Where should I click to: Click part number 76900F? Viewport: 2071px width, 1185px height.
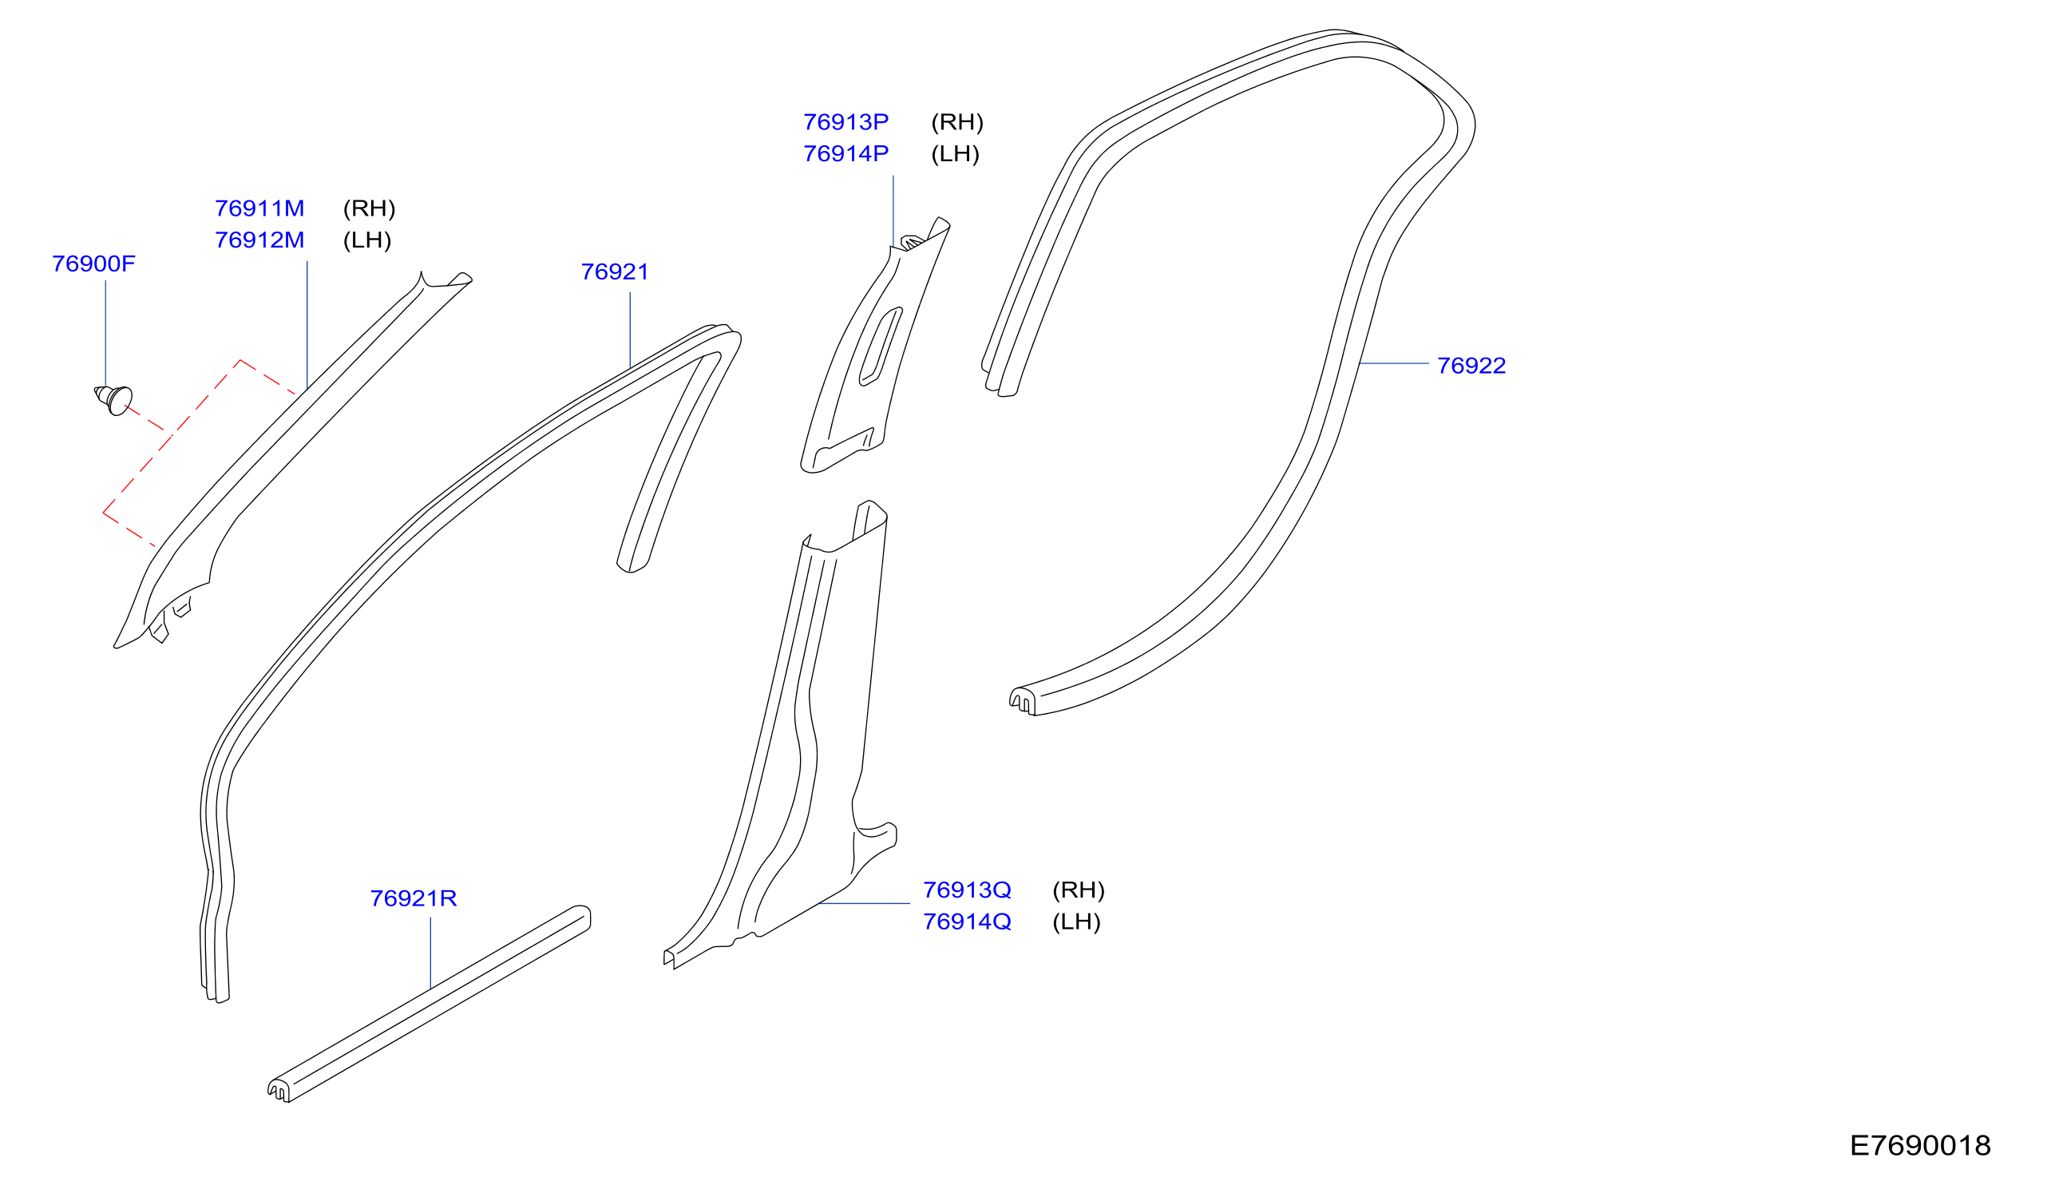(x=93, y=264)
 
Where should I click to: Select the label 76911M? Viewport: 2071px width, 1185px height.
(x=259, y=208)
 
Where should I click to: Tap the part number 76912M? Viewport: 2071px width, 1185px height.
(x=259, y=240)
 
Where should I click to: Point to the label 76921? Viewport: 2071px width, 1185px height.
(x=615, y=271)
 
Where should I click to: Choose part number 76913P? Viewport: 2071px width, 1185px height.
(x=845, y=122)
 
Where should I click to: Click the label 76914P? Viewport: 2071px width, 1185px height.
(x=845, y=154)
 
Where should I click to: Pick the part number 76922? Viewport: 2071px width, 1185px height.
(x=1471, y=366)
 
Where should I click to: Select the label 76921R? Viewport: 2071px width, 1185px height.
(x=414, y=898)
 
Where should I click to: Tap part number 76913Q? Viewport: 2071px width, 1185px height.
(x=967, y=890)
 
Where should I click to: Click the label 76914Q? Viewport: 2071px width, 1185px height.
(x=967, y=922)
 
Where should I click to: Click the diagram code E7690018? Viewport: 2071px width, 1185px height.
(x=1920, y=1146)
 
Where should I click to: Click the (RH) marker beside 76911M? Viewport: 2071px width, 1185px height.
(x=370, y=208)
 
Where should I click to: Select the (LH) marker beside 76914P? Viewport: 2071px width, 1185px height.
(x=956, y=154)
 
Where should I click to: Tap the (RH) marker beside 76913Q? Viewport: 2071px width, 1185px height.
(x=1079, y=890)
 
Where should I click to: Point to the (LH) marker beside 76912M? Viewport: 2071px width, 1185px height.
(x=367, y=240)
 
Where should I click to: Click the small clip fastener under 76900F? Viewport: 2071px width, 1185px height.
(x=114, y=400)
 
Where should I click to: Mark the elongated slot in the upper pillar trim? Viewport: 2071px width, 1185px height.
(x=881, y=346)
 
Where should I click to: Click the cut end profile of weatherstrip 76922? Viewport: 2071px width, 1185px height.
(x=1023, y=701)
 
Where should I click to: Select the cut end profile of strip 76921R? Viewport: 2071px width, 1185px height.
(x=279, y=1090)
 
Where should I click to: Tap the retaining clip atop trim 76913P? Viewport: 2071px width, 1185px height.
(x=913, y=242)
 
